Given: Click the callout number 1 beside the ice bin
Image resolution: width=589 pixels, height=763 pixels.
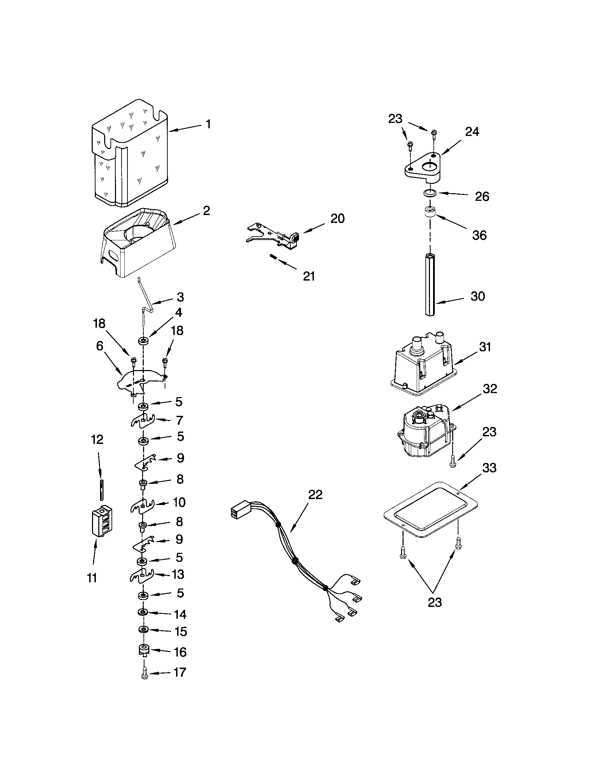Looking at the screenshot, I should [x=208, y=124].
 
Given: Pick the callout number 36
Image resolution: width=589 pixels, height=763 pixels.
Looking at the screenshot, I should [x=479, y=235].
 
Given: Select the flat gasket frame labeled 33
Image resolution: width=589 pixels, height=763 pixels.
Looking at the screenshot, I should [x=430, y=510].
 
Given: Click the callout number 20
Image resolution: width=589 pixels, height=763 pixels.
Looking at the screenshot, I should [x=337, y=218].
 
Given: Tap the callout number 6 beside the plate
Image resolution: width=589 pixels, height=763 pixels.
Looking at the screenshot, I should [x=100, y=346].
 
